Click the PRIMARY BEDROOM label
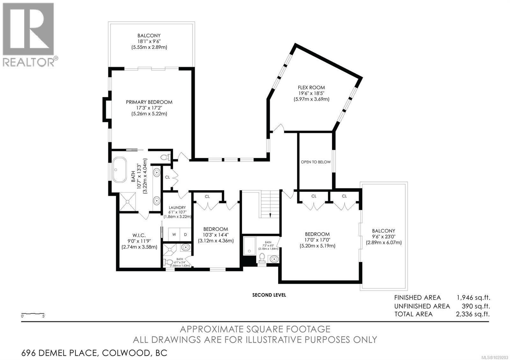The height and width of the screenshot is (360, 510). click(x=149, y=102)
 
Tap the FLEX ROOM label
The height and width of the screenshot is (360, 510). click(x=311, y=87)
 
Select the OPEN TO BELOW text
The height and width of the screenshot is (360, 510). click(x=316, y=162)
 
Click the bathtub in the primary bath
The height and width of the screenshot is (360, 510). click(x=120, y=169)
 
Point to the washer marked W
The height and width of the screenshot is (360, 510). click(x=174, y=234)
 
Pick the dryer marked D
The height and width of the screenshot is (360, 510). click(x=185, y=234)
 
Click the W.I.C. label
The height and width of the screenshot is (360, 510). click(x=139, y=235)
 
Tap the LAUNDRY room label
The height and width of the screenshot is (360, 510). click(x=177, y=207)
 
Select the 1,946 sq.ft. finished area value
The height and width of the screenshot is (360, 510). click(x=473, y=298)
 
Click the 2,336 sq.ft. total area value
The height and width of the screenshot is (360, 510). click(x=473, y=314)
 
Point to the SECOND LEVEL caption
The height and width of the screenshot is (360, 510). click(x=269, y=295)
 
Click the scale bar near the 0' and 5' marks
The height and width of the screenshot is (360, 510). click(x=33, y=314)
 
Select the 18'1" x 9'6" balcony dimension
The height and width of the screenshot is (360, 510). click(x=149, y=41)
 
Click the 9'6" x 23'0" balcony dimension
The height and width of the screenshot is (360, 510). click(x=384, y=237)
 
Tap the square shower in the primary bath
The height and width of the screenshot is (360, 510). click(x=128, y=202)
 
